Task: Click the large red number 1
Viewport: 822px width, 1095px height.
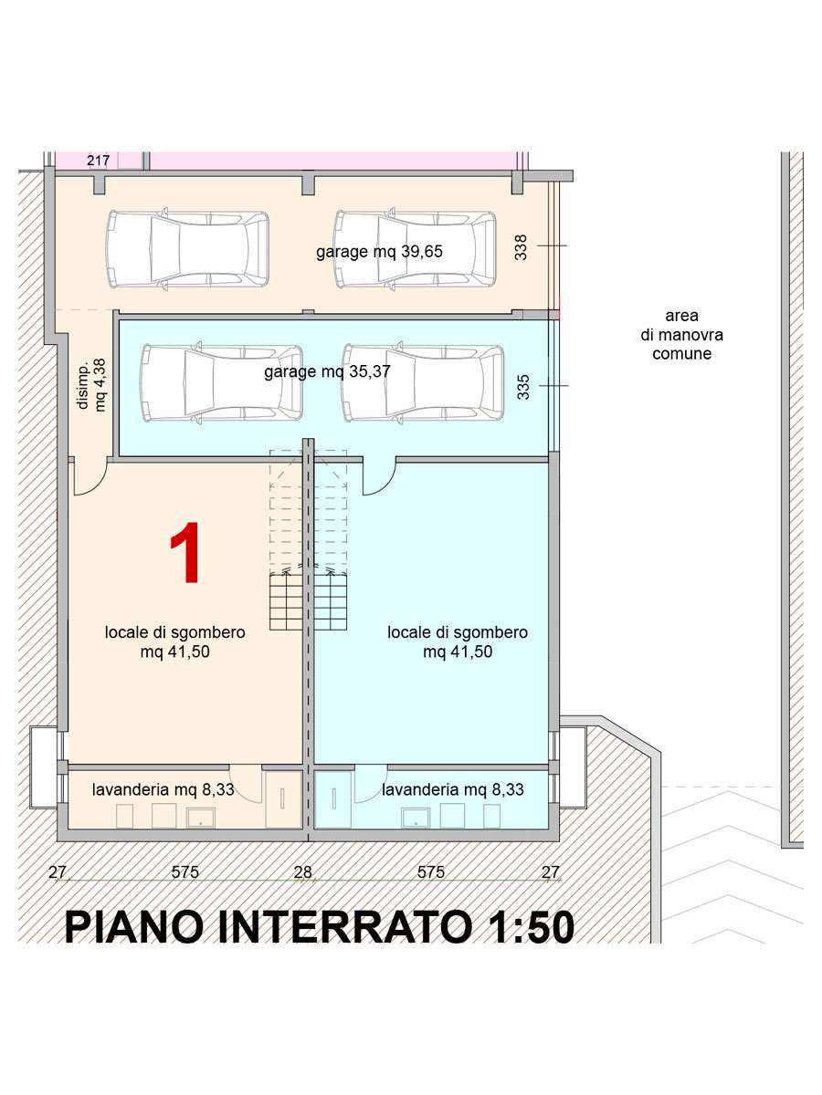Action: click(185, 552)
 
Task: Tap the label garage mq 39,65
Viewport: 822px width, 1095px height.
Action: click(379, 252)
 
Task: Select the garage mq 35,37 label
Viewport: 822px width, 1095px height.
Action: click(327, 371)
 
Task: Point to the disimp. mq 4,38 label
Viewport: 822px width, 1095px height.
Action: click(92, 385)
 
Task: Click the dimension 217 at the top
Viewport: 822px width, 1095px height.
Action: click(99, 161)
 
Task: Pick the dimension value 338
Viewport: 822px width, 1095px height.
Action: click(521, 247)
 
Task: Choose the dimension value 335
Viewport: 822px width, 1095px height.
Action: click(522, 387)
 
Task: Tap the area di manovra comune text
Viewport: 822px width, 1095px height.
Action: click(681, 335)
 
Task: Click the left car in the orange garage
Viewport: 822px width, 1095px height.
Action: click(188, 248)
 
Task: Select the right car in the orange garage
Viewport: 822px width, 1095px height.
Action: click(416, 248)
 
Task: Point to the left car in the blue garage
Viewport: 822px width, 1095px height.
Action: click(221, 382)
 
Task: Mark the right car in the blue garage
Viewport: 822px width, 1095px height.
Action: click(423, 382)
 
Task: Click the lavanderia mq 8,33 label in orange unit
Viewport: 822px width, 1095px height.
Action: click(163, 789)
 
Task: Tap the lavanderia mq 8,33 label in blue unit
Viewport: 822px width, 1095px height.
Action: click(453, 789)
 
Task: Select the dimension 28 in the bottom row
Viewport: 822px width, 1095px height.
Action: click(303, 872)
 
